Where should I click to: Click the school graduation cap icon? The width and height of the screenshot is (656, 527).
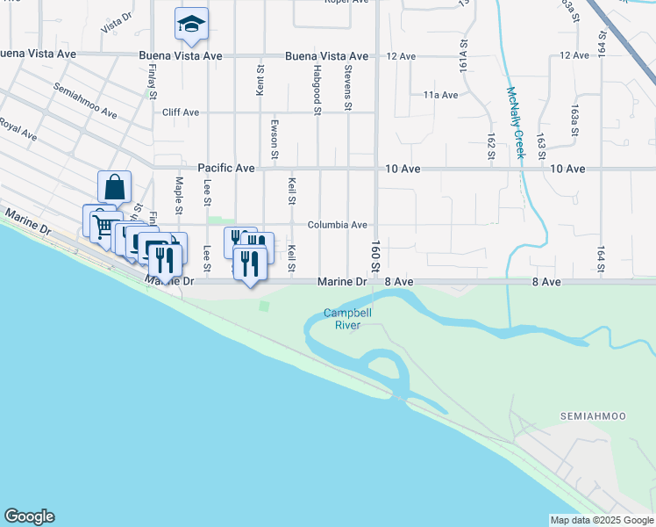tap(190, 25)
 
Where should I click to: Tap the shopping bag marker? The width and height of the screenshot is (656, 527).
tap(114, 187)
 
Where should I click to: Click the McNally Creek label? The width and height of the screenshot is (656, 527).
tap(515, 122)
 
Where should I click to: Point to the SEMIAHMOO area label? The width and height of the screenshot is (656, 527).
tap(589, 415)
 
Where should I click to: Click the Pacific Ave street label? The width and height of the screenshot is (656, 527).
tap(225, 168)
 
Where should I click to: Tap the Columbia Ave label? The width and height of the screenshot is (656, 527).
tap(337, 225)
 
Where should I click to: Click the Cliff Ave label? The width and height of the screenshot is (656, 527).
tap(181, 112)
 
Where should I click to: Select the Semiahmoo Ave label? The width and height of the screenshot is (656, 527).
tap(84, 101)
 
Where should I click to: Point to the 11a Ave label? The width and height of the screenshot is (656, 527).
tap(441, 95)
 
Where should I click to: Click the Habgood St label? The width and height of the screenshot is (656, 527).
tap(317, 88)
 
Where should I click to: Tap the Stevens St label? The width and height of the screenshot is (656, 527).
tap(348, 88)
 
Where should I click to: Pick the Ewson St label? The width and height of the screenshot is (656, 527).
tap(275, 139)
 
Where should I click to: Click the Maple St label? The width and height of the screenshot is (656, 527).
tap(178, 196)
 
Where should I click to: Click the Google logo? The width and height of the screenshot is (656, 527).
tap(29, 516)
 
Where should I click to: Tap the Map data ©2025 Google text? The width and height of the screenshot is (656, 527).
tap(602, 520)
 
